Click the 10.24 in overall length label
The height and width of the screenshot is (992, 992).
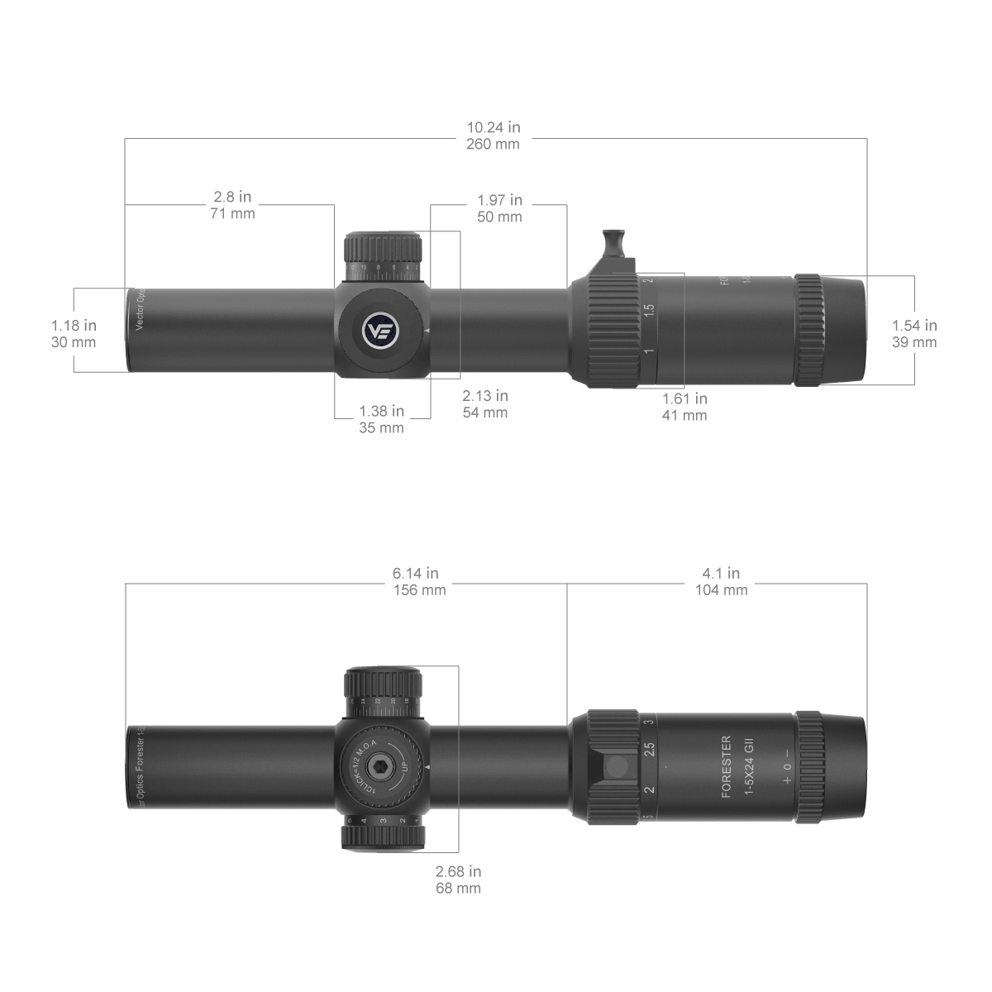coord(494,136)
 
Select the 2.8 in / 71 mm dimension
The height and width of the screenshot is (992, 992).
coord(233,205)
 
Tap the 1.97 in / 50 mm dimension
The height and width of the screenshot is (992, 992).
coord(499,208)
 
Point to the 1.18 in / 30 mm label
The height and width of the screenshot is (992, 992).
coord(74,333)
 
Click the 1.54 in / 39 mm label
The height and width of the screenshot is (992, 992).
coord(914,333)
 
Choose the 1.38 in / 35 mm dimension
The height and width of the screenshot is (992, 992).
coord(381,418)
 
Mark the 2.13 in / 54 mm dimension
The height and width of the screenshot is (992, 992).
coord(484,403)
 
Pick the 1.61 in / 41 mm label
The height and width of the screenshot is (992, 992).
coord(684,407)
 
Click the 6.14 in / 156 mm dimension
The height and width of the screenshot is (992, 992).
coord(418,581)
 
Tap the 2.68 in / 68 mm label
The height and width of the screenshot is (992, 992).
coord(458,880)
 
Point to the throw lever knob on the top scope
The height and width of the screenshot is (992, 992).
coord(613,243)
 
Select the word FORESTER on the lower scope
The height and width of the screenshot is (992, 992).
coord(727,765)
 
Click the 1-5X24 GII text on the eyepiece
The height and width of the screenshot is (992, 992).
coord(749,765)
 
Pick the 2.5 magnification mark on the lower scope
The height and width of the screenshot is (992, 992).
coord(650,751)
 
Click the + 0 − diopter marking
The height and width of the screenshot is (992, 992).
coord(787,765)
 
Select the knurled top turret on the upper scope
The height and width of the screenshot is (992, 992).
coord(383,247)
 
